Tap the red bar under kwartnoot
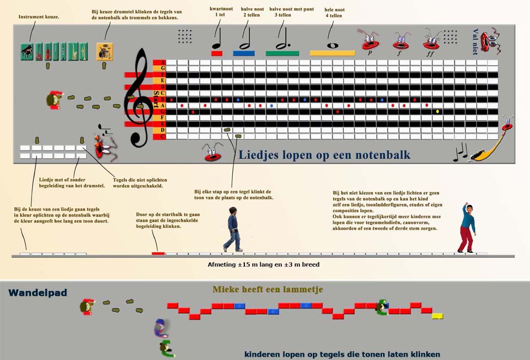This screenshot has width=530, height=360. (217, 53)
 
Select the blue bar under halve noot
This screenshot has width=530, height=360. (244, 53)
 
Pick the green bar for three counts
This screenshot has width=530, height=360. (282, 53)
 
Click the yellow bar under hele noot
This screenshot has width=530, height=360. (332, 53)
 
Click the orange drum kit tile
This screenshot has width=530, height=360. (104, 52)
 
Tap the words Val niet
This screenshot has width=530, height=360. (475, 42)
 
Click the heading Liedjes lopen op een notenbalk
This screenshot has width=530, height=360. (324, 156)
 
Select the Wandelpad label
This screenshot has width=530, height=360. (38, 293)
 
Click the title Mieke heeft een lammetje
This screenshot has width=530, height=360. (268, 290)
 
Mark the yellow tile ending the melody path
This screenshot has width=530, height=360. (437, 316)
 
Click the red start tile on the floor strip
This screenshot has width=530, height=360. (158, 253)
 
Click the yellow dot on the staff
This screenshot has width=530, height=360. (437, 112)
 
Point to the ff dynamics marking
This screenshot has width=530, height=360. (431, 54)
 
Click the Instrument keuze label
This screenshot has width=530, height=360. (39, 17)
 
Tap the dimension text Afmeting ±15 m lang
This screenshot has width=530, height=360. (263, 265)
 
